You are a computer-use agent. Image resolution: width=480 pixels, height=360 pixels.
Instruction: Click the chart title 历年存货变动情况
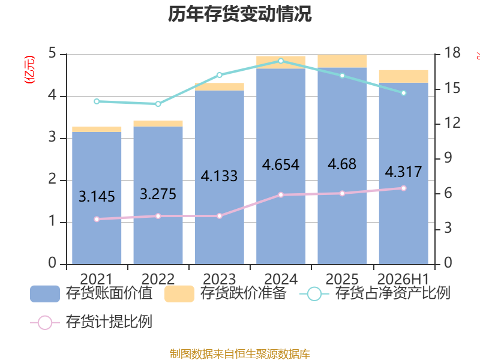240,14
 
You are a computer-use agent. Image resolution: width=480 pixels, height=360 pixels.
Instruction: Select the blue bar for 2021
97,198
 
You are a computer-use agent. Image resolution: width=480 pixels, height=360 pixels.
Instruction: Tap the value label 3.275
158,194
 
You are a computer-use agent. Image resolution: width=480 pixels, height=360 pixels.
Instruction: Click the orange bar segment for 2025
342,61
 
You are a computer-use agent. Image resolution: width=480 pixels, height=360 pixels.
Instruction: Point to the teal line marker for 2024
281,61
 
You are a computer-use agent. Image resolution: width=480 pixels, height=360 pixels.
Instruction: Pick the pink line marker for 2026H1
403,188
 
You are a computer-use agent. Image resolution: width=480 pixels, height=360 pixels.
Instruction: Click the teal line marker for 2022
158,104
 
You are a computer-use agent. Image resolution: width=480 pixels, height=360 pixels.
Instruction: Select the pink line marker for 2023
220,216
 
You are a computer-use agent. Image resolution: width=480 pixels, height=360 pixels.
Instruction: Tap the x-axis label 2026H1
403,279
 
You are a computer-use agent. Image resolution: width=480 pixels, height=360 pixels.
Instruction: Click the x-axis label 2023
220,279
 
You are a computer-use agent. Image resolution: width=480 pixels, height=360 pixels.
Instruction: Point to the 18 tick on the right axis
452,53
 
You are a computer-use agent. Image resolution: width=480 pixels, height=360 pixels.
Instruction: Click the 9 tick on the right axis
448,158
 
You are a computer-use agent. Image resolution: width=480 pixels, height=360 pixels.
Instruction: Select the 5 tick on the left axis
52,53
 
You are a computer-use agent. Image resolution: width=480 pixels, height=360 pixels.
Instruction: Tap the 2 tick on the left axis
52,179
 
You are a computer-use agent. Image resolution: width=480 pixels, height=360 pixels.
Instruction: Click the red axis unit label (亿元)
29,70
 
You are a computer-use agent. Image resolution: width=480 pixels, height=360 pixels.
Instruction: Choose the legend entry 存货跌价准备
226,293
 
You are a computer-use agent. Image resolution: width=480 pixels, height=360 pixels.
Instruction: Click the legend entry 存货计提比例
91,322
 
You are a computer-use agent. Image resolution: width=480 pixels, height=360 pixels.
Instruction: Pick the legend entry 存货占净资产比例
374,293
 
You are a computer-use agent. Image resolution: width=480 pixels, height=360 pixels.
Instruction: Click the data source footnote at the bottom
240,353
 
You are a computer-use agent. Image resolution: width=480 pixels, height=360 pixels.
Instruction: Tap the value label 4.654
281,164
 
